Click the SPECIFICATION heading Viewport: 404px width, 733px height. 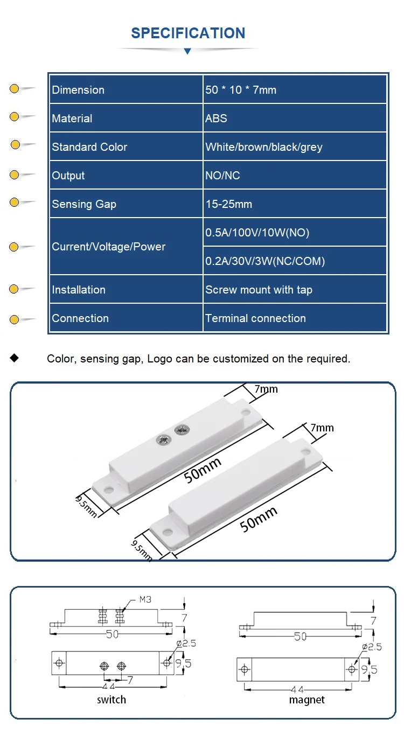point(188,33)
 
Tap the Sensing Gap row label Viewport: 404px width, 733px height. point(84,204)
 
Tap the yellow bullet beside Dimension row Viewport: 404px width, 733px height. point(14,89)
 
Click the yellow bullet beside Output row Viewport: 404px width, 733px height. point(14,174)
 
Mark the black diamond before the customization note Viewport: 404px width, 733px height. point(14,358)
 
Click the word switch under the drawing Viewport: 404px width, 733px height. point(112,700)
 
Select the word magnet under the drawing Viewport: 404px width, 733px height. point(307,700)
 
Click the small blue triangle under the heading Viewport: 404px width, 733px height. point(187,51)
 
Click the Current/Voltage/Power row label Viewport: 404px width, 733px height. point(108,247)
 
